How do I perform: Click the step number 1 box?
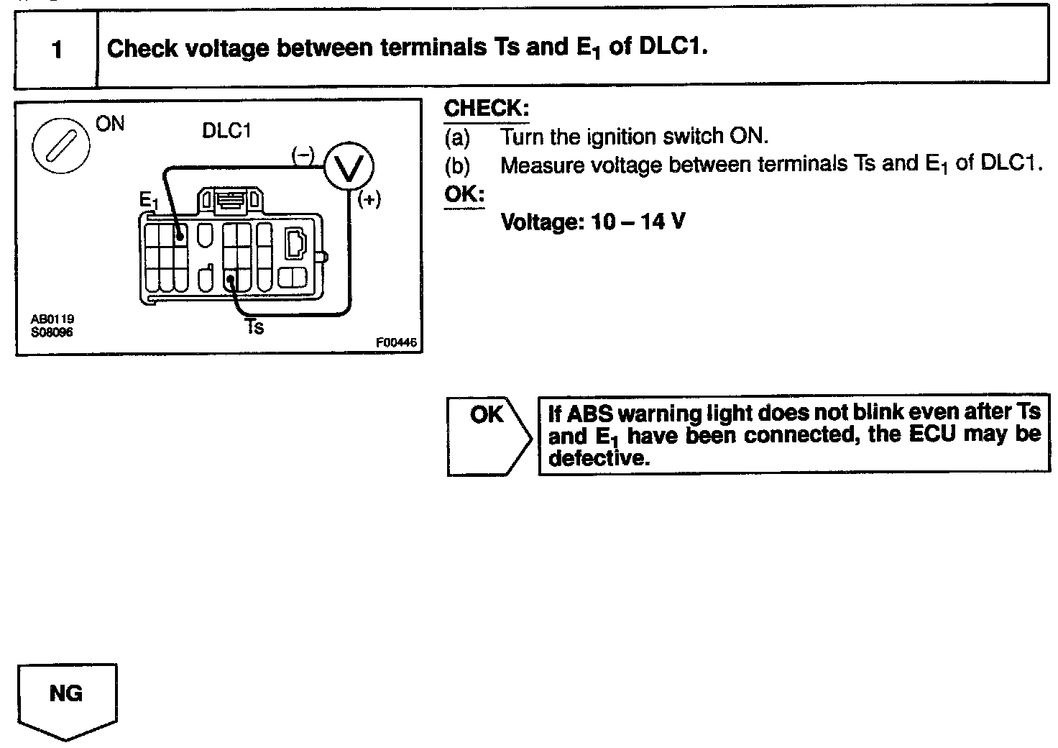click(56, 50)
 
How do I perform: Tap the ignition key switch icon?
click(61, 147)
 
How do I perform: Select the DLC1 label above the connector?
click(227, 132)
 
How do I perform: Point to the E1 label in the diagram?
click(148, 201)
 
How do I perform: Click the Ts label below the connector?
click(254, 327)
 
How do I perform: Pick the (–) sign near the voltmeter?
click(303, 155)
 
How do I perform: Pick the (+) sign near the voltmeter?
click(369, 200)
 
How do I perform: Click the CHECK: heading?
click(487, 109)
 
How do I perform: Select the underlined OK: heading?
click(464, 194)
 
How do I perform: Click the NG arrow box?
click(66, 698)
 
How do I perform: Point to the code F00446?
click(396, 343)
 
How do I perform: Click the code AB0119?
click(52, 318)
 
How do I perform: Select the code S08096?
click(52, 332)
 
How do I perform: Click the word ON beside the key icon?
click(110, 124)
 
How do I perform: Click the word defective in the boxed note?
click(599, 458)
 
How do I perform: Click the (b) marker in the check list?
click(457, 165)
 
